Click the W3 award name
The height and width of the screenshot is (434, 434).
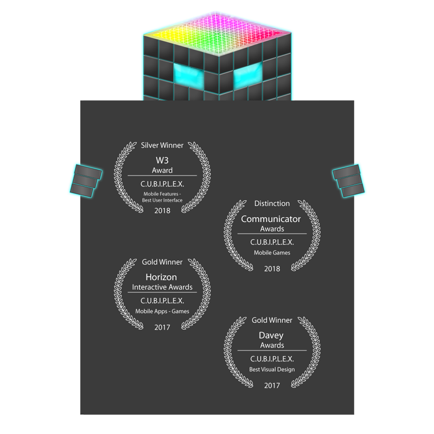[162, 161]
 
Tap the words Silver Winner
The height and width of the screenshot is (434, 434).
[162, 145]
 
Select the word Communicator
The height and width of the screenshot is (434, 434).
[271, 219]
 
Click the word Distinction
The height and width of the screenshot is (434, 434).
[272, 203]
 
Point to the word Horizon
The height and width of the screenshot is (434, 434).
[161, 277]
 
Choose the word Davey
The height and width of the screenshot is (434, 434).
[271, 336]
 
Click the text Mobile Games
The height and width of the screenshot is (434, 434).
[272, 252]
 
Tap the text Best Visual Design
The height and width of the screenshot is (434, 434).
[272, 369]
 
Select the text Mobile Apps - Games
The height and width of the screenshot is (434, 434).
[162, 311]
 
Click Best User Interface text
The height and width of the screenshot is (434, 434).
[162, 200]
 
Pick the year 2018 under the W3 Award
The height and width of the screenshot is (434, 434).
[162, 210]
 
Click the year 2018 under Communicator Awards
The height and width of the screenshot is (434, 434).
[272, 269]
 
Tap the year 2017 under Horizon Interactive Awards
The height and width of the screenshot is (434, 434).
[162, 327]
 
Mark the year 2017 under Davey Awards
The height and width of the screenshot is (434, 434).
[272, 386]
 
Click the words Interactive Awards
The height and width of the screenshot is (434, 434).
[162, 287]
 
